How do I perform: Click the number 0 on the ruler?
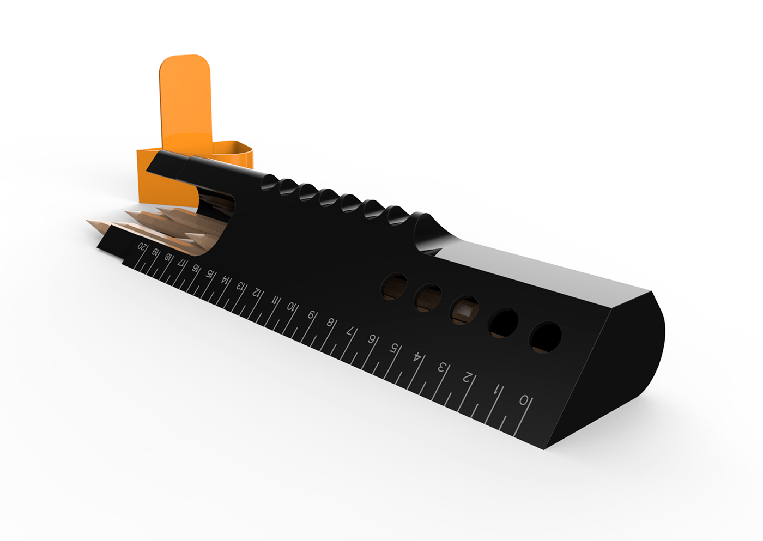pos(524,401)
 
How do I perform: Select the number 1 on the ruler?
pos(496,390)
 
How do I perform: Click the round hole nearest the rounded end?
pos(546,337)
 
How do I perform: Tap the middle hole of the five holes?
pos(464,309)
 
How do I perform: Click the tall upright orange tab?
pos(185,104)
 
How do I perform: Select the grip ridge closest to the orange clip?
pos(269,181)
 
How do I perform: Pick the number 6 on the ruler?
pos(372,339)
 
